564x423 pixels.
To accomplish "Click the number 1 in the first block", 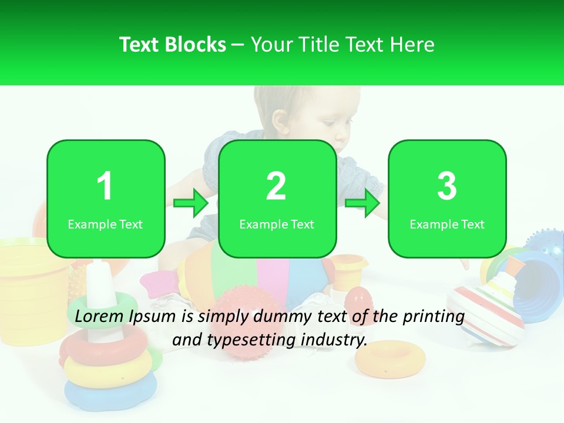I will [105, 186].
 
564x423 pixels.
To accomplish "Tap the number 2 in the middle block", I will [276, 186].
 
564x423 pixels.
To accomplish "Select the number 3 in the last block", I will [447, 186].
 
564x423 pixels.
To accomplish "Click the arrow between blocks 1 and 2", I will [192, 203].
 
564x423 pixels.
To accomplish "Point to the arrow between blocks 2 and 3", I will [362, 203].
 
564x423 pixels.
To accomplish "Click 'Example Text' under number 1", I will [105, 224].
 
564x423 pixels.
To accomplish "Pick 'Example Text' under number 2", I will [277, 224].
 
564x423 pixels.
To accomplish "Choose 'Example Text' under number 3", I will [447, 224].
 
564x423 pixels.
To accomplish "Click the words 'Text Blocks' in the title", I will [172, 45].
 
